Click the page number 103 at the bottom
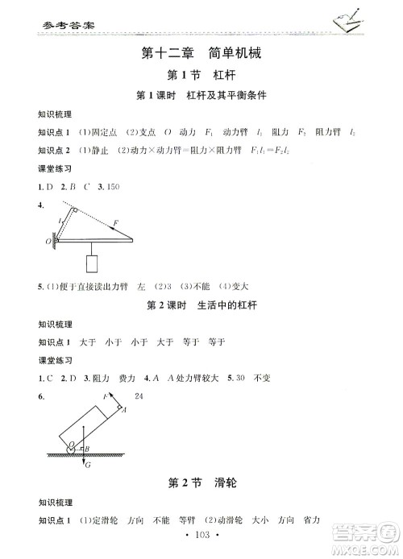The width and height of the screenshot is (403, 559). [x=201, y=535]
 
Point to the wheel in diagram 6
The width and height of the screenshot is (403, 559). [x=73, y=445]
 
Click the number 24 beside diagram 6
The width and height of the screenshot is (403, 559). [x=139, y=395]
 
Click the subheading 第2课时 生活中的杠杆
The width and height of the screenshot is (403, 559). [x=201, y=305]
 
